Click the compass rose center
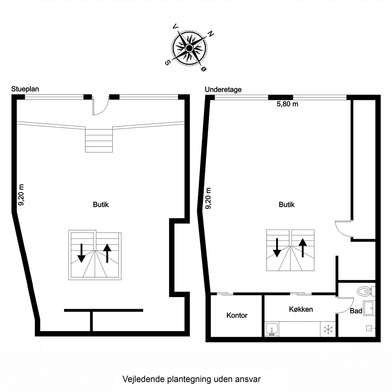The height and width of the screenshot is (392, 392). pyautogui.click(x=189, y=48)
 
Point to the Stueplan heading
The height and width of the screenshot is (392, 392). pyautogui.click(x=25, y=89)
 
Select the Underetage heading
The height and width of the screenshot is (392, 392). pyautogui.click(x=223, y=90)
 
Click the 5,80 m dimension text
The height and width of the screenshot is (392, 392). pyautogui.click(x=287, y=104)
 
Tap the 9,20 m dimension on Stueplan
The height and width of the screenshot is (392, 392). pyautogui.click(x=21, y=195)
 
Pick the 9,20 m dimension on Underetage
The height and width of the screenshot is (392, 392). pyautogui.click(x=208, y=198)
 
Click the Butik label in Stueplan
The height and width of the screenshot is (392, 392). pyautogui.click(x=101, y=204)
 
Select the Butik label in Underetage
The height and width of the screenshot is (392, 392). pyautogui.click(x=287, y=204)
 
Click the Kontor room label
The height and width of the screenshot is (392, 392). pyautogui.click(x=237, y=315)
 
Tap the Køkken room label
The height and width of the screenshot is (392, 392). pyautogui.click(x=301, y=309)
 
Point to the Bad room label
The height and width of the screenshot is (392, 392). pyautogui.click(x=356, y=311)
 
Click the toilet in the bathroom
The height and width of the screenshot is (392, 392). pyautogui.click(x=366, y=291)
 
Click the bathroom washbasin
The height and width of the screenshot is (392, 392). pyautogui.click(x=369, y=308)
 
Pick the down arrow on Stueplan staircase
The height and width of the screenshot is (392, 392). pyautogui.click(x=81, y=253)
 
